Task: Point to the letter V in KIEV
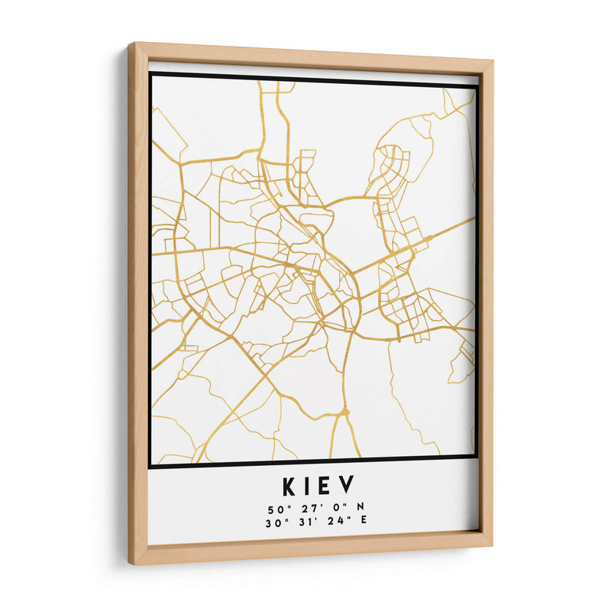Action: tap(347, 486)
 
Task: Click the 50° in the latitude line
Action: tap(276, 508)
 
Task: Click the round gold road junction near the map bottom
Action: tap(344, 412)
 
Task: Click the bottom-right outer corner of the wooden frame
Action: tap(493, 547)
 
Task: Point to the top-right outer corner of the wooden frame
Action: tap(493, 59)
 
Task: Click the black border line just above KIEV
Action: tap(313, 460)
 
